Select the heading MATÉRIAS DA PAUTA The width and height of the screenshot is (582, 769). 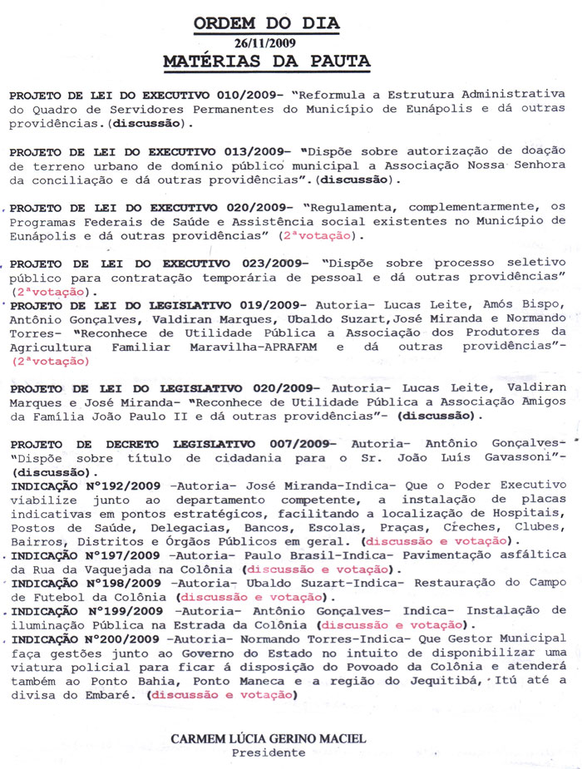267,62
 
